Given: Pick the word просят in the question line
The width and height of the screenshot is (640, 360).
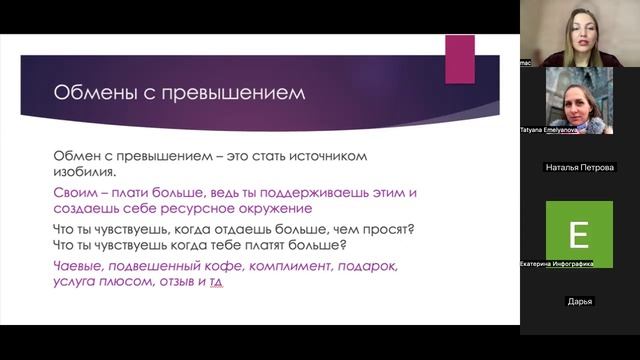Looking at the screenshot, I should pyautogui.click(x=385, y=229).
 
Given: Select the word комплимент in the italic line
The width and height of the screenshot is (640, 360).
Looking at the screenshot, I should pyautogui.click(x=294, y=266).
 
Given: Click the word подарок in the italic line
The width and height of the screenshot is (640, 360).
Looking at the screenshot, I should pyautogui.click(x=370, y=266).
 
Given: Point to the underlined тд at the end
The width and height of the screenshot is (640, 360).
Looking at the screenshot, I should pyautogui.click(x=215, y=283).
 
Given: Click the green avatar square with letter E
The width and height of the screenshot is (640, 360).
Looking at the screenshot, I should pyautogui.click(x=579, y=234).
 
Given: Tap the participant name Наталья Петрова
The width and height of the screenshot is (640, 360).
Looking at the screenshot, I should pyautogui.click(x=580, y=167).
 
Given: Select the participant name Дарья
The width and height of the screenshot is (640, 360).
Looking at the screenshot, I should pyautogui.click(x=580, y=301).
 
